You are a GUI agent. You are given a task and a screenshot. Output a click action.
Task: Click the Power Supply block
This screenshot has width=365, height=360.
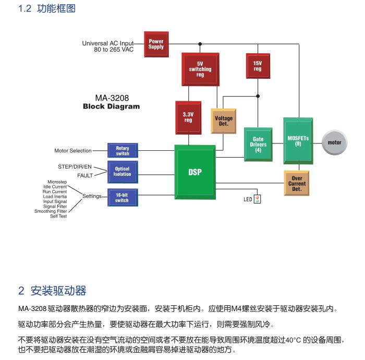coord(156,44)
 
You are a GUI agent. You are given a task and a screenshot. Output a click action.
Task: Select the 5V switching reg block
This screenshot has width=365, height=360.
coord(200,69)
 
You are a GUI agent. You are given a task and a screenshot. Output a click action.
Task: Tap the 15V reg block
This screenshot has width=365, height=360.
coord(258,66)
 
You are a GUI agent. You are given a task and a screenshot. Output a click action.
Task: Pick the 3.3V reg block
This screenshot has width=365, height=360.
coord(188,117)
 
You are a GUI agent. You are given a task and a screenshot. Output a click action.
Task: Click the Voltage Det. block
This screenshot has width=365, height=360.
coord(224,121)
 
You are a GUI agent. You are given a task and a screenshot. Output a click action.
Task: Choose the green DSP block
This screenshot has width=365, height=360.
coord(195,172)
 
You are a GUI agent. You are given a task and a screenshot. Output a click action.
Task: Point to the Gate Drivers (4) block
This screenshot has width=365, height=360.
coord(258,145)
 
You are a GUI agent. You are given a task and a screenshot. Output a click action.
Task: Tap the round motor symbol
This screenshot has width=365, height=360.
coord(334,142)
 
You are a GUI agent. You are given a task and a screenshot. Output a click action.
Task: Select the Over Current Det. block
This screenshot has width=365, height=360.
coord(297,183)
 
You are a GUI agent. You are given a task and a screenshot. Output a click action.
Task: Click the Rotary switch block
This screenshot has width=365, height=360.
coord(123,151)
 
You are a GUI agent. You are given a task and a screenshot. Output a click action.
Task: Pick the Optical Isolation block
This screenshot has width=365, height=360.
coord(123,171)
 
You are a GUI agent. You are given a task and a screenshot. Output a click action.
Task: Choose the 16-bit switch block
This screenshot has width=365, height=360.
coord(122,197)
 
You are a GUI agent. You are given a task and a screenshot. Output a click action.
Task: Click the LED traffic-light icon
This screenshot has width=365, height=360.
coord(257,199)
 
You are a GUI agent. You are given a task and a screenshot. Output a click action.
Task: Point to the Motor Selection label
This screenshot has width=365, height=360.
coord(73,151)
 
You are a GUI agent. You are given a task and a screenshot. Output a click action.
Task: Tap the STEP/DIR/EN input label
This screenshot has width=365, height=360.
coord(75,166)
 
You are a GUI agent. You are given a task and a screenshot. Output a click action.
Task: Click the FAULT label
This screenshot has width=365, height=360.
coord(85,176)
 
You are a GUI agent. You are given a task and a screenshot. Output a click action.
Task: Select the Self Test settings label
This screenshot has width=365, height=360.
coord(58,216)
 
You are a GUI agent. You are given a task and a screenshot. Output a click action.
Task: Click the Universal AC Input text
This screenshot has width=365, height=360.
coord(108,43)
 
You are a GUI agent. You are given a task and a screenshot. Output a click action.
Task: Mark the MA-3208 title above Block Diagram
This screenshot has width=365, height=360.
coord(112,98)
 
